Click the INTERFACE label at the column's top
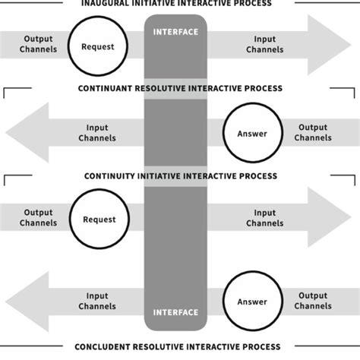(x=175, y=32)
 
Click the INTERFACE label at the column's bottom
(x=175, y=311)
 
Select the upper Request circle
(x=98, y=46)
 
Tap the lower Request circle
(x=98, y=219)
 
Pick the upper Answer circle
(x=252, y=133)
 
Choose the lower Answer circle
(x=252, y=301)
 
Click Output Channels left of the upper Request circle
(x=38, y=43)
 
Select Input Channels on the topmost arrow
(x=264, y=43)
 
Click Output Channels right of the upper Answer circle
(x=313, y=133)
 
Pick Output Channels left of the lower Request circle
(x=38, y=218)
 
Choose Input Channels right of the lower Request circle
(x=264, y=218)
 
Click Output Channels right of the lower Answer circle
(x=313, y=302)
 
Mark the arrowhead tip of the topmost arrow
(x=350, y=43)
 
